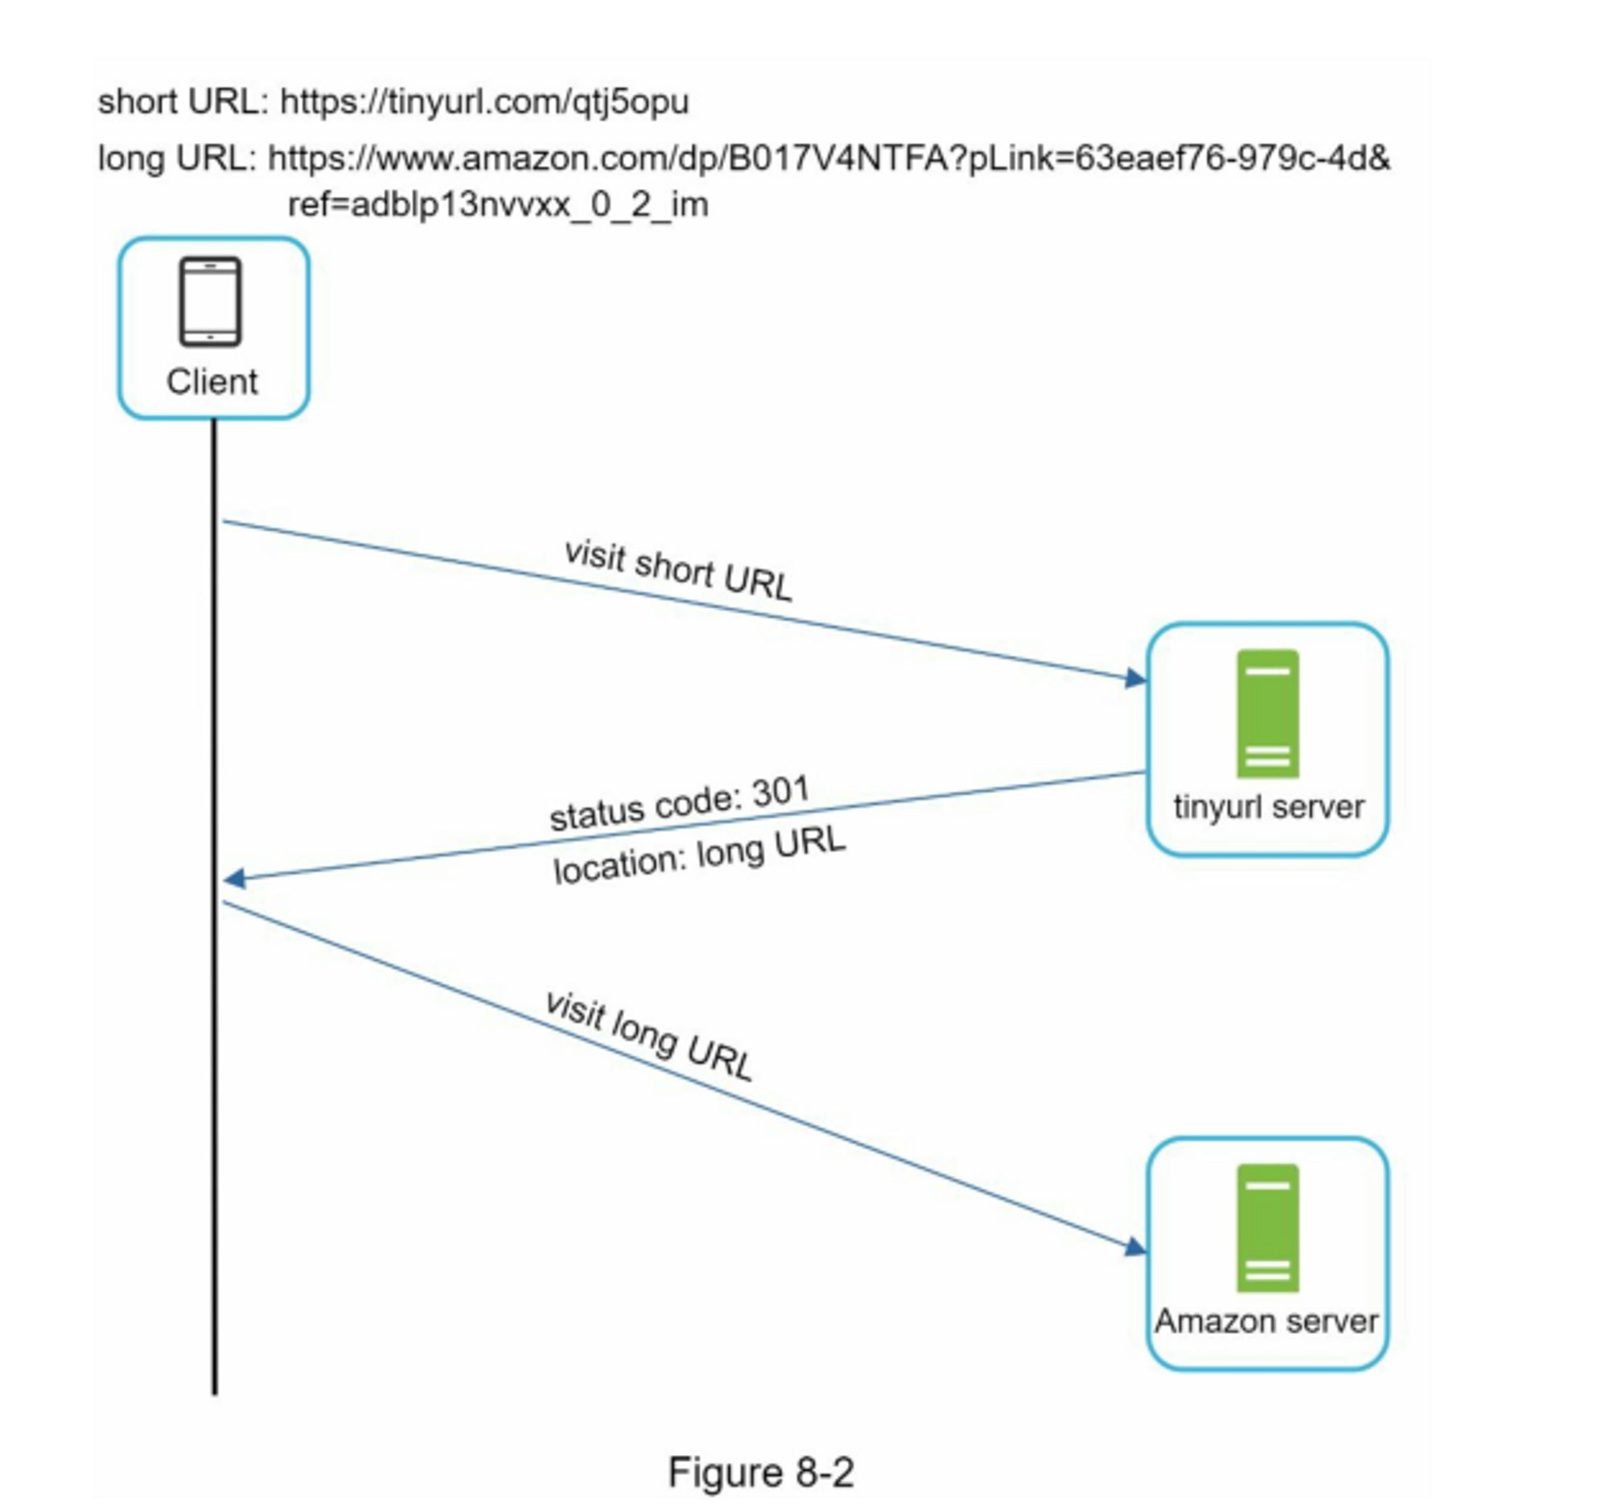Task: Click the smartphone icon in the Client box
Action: [211, 301]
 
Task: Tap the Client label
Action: [212, 382]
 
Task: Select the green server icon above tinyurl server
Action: [1267, 713]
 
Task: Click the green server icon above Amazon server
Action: [1267, 1228]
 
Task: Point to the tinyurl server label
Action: [1268, 807]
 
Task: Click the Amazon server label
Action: [1265, 1321]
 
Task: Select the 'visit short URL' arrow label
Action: [678, 571]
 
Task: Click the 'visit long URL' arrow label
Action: [649, 1036]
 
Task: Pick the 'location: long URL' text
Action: [699, 855]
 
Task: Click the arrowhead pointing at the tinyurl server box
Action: [1136, 678]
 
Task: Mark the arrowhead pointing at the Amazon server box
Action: [1136, 1247]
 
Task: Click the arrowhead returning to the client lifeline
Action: [235, 878]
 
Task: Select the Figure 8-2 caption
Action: [761, 1472]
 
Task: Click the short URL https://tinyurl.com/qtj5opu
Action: [484, 102]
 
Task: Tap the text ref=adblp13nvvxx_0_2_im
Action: [498, 204]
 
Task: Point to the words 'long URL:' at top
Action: [177, 158]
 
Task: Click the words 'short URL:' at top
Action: [183, 102]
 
